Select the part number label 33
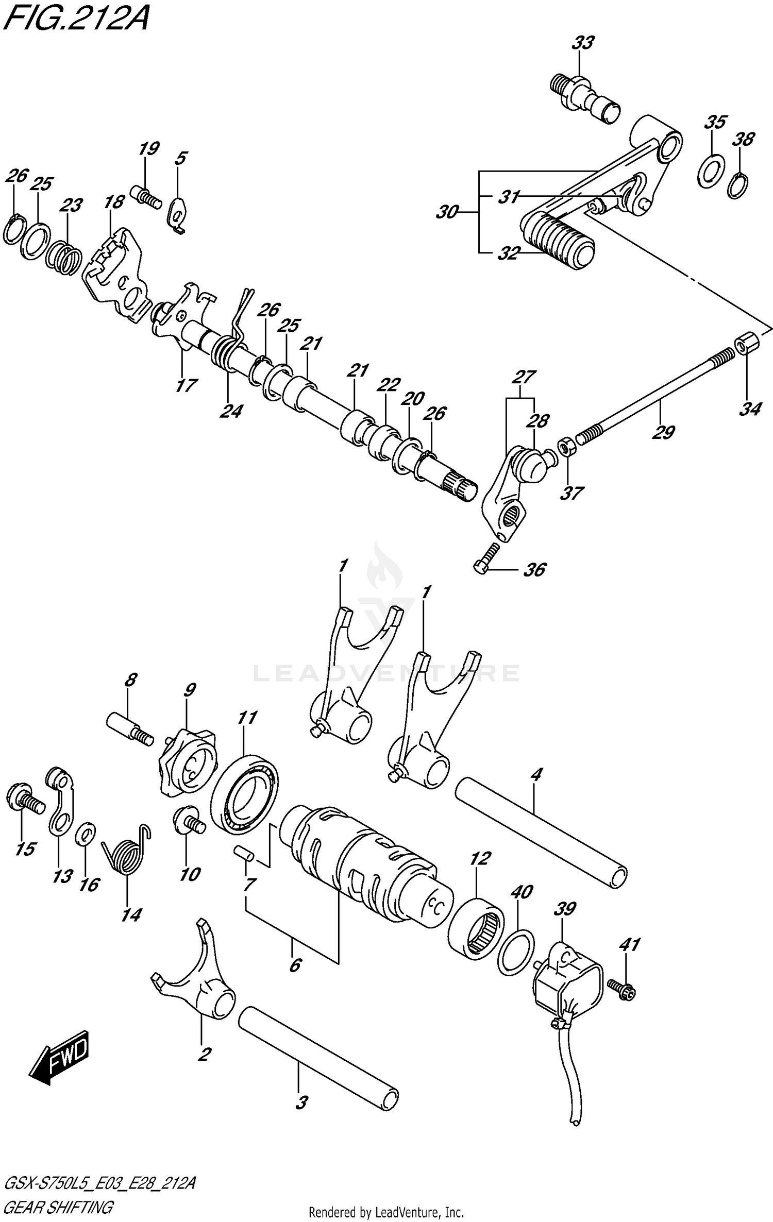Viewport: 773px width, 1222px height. (582, 43)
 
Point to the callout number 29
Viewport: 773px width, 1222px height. (663, 432)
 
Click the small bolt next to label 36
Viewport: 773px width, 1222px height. (485, 558)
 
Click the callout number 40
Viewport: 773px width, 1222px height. (522, 891)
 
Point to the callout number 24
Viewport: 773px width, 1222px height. (230, 411)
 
